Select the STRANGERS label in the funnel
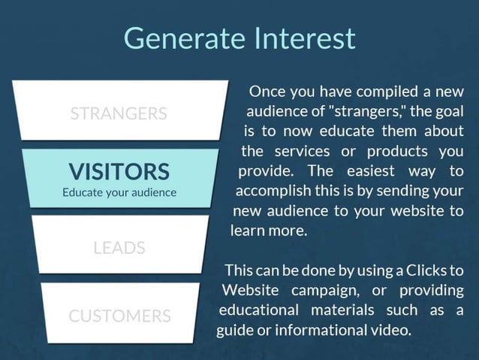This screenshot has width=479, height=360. [119, 114]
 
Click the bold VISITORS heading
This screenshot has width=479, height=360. [119, 171]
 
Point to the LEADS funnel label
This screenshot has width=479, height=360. [119, 247]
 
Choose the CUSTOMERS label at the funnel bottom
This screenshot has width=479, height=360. [119, 315]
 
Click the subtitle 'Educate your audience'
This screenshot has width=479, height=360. [119, 192]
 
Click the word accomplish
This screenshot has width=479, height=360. [271, 191]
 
